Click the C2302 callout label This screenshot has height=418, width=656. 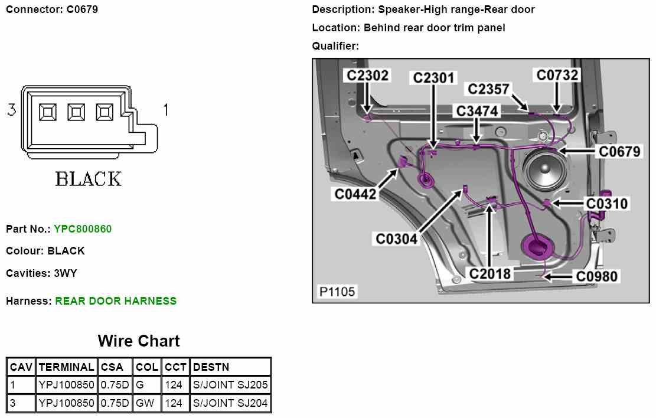tap(367, 76)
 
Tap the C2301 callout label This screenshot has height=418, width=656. tap(434, 78)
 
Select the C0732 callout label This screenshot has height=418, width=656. tap(557, 75)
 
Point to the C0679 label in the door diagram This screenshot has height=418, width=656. tap(619, 152)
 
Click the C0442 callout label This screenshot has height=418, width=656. tap(355, 194)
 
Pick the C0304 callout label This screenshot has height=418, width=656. tap(396, 239)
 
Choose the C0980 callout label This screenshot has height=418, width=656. tap(597, 276)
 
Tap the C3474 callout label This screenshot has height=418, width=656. tap(477, 111)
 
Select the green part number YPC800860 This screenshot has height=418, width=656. tap(83, 229)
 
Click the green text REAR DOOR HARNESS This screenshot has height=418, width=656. tap(116, 301)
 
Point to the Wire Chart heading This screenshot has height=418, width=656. tap(139, 341)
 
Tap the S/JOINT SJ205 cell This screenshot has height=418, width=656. tap(230, 385)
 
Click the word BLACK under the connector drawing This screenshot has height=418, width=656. tap(89, 179)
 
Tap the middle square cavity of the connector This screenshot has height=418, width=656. tap(77, 112)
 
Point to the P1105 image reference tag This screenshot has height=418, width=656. tap(337, 292)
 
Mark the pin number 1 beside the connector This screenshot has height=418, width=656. tap(166, 110)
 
